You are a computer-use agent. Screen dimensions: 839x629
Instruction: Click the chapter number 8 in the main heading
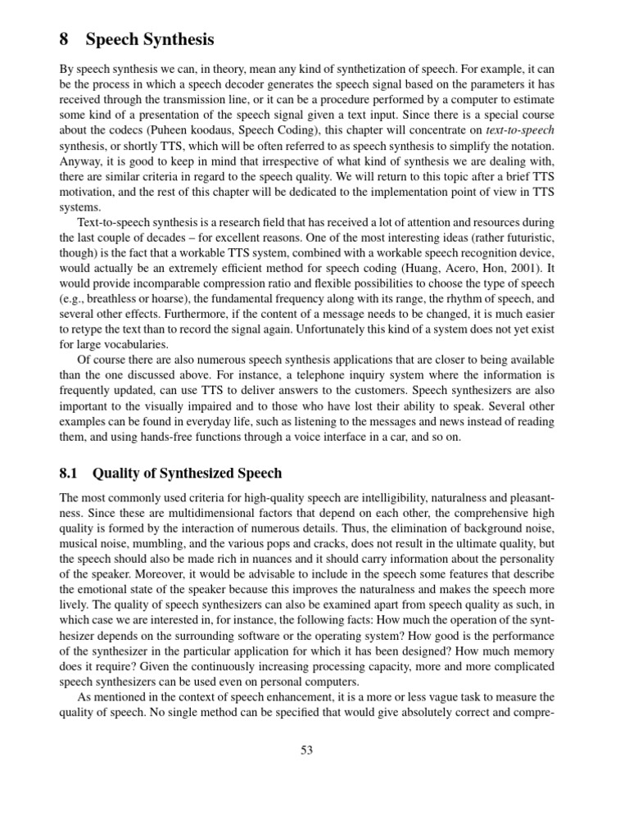[x=66, y=39]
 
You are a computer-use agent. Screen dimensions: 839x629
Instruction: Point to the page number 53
[x=307, y=749]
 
